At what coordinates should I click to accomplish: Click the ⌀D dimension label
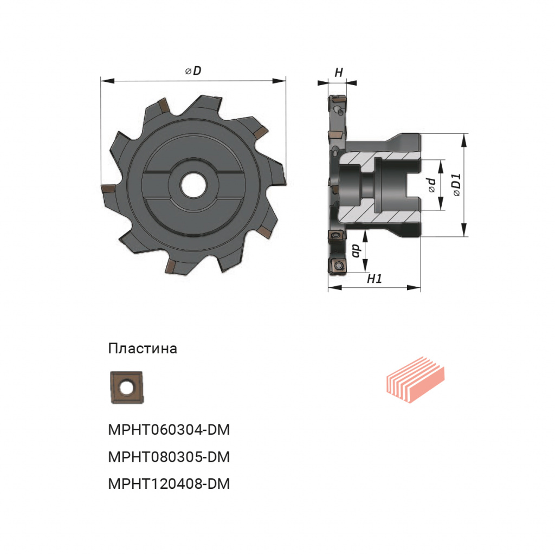point(193,71)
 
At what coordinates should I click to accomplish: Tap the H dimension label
point(339,73)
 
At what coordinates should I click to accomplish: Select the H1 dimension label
point(375,279)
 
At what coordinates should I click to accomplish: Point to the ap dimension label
point(356,250)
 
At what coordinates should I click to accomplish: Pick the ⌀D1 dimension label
point(457,185)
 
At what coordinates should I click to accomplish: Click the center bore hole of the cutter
point(194,184)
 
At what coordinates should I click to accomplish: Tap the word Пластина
point(143,349)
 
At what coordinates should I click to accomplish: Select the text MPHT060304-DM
point(169,430)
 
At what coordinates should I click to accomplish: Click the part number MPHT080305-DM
point(169,457)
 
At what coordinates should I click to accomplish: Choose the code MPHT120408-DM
point(169,484)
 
